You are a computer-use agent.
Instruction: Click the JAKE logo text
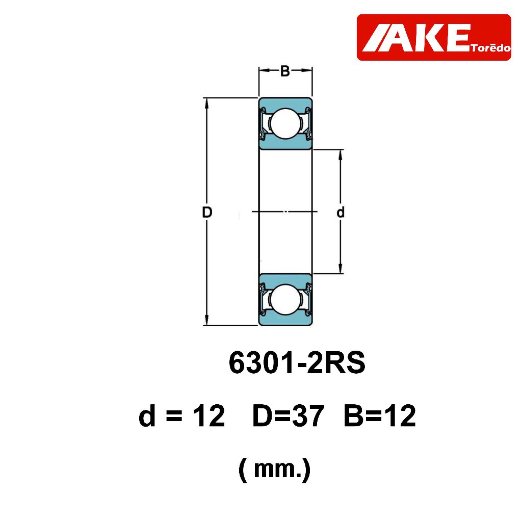(x=416, y=38)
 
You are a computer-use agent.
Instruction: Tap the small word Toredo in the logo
(x=491, y=48)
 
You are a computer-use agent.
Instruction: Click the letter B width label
(x=285, y=71)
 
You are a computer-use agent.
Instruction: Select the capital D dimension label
(x=207, y=212)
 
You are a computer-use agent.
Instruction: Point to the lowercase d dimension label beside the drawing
(x=340, y=212)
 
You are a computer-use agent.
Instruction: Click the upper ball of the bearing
(x=285, y=123)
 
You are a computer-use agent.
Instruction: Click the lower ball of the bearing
(x=285, y=299)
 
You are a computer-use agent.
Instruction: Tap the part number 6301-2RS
(x=297, y=362)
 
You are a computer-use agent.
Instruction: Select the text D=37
(x=289, y=416)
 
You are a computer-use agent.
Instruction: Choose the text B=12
(x=380, y=416)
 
